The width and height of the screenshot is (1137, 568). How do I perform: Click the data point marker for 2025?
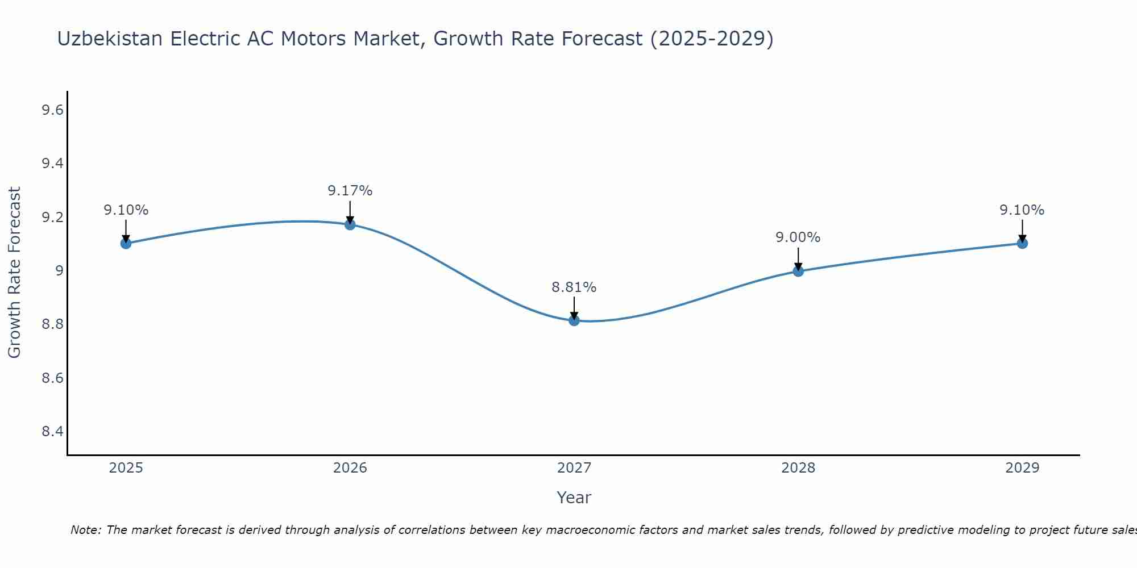coord(126,243)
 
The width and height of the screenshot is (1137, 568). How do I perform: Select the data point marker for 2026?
coord(350,224)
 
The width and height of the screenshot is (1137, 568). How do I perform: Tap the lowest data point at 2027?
coord(574,320)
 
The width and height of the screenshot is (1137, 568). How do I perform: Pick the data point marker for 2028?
coord(798,271)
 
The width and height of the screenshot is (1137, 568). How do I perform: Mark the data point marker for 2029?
coord(1022,243)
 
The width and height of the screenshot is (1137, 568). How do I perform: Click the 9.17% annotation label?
coord(350,191)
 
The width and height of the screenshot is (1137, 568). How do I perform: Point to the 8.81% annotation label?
coord(574,287)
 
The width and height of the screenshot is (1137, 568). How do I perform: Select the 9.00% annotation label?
coord(798,237)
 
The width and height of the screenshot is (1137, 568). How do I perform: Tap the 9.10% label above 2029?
coord(1022,210)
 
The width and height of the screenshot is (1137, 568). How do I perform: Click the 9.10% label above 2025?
coord(126,210)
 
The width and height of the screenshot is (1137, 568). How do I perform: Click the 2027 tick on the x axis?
coord(574,468)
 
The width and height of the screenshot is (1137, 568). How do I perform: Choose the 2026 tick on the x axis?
coord(350,468)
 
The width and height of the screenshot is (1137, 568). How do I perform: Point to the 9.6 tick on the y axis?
coord(52,110)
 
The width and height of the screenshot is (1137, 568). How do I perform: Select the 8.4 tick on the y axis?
coord(52,432)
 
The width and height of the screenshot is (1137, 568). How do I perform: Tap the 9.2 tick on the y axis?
coord(52,218)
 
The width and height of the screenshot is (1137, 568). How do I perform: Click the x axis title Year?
coord(574,498)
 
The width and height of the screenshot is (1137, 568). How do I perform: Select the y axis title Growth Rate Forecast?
coord(14,273)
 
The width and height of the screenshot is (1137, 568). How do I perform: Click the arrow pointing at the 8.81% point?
coord(574,308)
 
